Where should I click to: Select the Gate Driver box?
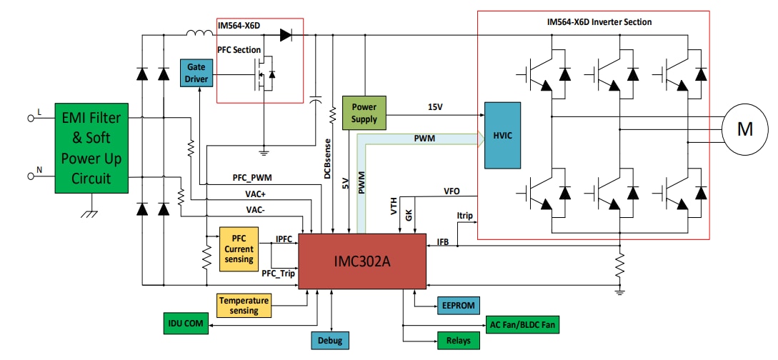[196, 72]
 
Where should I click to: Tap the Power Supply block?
[364, 113]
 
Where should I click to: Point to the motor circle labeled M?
[744, 129]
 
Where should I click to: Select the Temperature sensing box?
[244, 306]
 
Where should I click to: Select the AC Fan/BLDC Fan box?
[522, 324]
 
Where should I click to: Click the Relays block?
[457, 341]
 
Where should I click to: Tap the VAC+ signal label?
[258, 194]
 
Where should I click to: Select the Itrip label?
[464, 215]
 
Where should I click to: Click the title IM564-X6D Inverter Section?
[595, 22]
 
